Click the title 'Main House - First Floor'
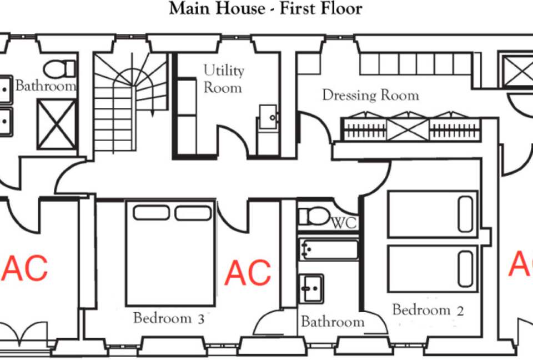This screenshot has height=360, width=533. (x=265, y=8)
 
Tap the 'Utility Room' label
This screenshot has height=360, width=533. (x=224, y=79)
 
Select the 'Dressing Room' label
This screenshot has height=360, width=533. (x=370, y=95)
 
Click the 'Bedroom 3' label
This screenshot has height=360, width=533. (x=169, y=318)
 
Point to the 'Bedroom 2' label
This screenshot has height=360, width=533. (x=428, y=310)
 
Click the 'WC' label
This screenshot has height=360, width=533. (x=344, y=223)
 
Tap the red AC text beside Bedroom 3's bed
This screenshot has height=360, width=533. (x=248, y=273)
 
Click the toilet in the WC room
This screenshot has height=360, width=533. (x=314, y=217)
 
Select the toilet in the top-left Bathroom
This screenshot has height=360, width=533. (x=59, y=69)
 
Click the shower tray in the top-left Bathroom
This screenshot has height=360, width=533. (x=57, y=124)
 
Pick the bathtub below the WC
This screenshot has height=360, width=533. (x=329, y=250)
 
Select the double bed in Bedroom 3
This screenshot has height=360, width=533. (x=170, y=253)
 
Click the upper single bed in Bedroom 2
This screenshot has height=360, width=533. (x=433, y=214)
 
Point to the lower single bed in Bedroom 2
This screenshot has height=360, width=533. (x=433, y=268)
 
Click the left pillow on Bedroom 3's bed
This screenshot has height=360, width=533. (x=151, y=213)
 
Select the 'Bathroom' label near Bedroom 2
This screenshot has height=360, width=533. (x=333, y=322)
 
